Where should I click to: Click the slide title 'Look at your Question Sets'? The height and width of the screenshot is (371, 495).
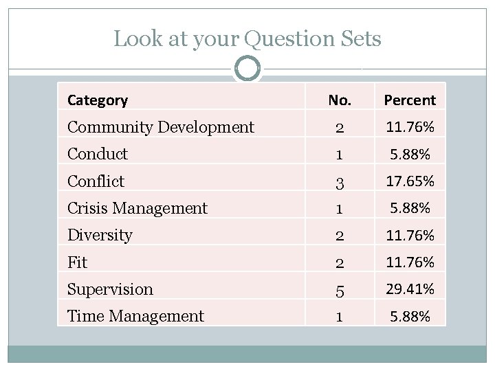click(x=247, y=39)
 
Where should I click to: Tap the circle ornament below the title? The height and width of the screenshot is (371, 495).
click(x=247, y=69)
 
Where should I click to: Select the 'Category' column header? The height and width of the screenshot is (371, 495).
click(x=98, y=100)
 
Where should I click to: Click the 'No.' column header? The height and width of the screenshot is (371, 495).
click(x=340, y=100)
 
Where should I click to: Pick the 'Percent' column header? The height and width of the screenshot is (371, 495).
click(x=410, y=100)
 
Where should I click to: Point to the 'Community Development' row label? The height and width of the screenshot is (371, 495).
click(x=161, y=127)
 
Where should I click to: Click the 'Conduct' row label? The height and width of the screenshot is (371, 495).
click(x=98, y=154)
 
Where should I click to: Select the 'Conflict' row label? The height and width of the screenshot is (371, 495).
click(x=96, y=181)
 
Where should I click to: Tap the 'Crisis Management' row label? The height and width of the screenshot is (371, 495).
click(x=137, y=208)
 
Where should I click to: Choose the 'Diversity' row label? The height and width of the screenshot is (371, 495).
click(x=100, y=235)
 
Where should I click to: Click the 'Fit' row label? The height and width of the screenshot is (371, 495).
click(x=77, y=262)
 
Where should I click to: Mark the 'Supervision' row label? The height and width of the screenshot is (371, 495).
click(x=110, y=289)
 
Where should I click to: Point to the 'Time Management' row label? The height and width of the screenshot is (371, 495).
click(x=135, y=316)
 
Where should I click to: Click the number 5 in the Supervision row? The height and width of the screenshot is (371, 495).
click(x=340, y=290)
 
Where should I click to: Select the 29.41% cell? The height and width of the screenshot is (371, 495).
click(x=410, y=289)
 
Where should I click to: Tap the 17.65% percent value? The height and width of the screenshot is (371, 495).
click(x=410, y=181)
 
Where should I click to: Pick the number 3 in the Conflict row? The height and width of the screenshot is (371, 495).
click(x=340, y=182)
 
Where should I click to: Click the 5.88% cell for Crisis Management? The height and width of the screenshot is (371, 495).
click(x=410, y=208)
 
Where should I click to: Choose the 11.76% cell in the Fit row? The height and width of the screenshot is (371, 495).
click(x=410, y=262)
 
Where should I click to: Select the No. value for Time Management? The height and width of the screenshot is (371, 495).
click(x=340, y=317)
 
